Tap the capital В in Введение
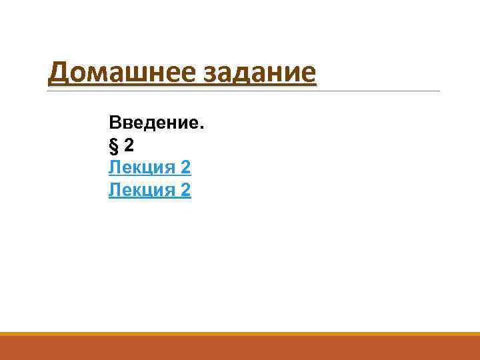tap(115, 123)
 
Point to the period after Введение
tap(204, 128)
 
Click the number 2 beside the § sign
tap(128, 145)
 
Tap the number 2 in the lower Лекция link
tap(185, 191)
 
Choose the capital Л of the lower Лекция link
tap(114, 191)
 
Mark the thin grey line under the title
tap(373, 91)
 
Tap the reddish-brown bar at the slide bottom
tap(240, 348)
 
